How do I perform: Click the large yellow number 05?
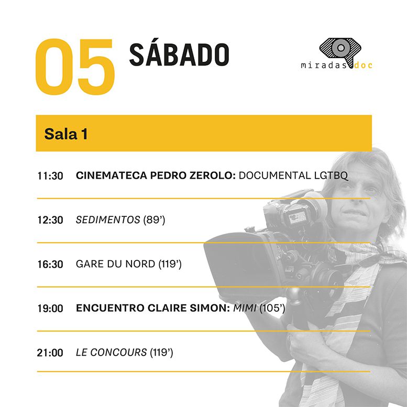[x=75, y=67]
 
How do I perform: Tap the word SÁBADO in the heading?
[x=179, y=54]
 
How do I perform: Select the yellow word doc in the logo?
[x=364, y=65]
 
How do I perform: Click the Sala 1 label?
[x=66, y=134]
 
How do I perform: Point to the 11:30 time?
[x=50, y=176]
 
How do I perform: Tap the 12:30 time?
[x=50, y=220]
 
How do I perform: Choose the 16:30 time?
[x=50, y=264]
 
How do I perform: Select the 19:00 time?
[x=50, y=309]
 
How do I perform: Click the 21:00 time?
[x=50, y=353]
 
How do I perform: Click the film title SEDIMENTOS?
[x=108, y=220]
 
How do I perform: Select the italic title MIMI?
[x=245, y=308]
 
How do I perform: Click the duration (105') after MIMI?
[x=272, y=308]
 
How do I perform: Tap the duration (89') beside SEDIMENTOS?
[x=154, y=220]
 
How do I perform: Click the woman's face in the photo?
[x=356, y=200]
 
